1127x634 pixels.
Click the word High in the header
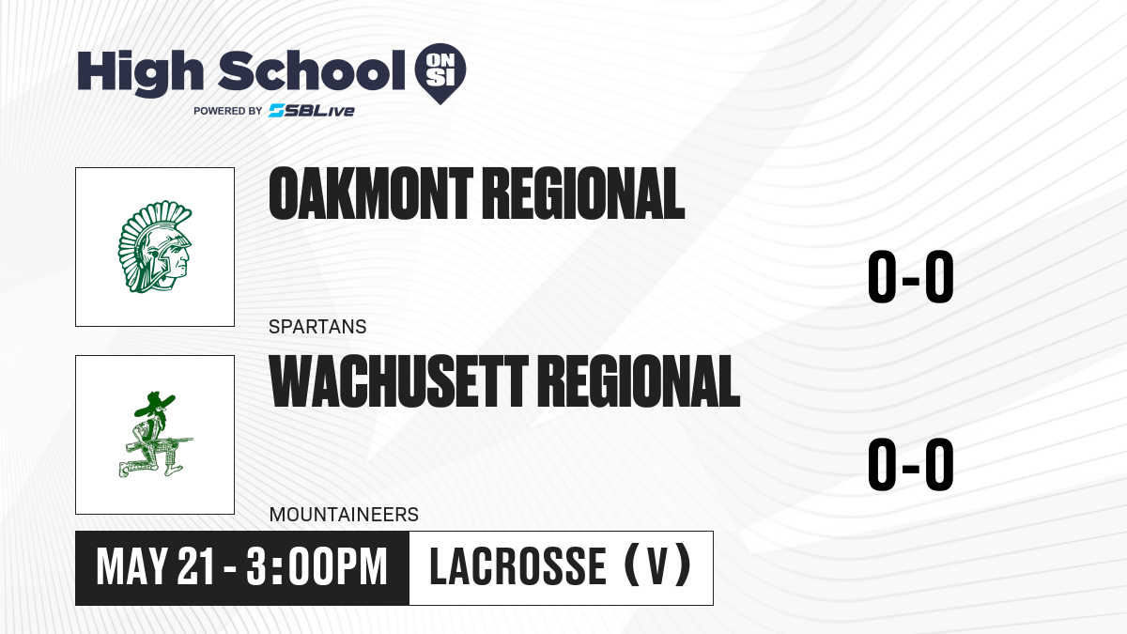tap(140, 73)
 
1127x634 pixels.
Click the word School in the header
tap(312, 70)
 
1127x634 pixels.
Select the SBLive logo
tap(312, 111)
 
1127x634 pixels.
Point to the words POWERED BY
tap(228, 111)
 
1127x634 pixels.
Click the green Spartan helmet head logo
tap(155, 246)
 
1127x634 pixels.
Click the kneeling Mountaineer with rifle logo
tap(156, 435)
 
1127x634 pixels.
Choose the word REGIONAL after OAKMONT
tap(583, 193)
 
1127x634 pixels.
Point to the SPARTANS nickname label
tap(317, 327)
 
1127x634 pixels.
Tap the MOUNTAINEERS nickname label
tap(344, 515)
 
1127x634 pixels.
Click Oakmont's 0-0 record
tap(911, 277)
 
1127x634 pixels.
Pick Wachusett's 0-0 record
tap(911, 464)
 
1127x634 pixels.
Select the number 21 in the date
tap(196, 566)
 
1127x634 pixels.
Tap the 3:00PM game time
tap(317, 566)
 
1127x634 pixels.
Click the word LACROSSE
tap(517, 566)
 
